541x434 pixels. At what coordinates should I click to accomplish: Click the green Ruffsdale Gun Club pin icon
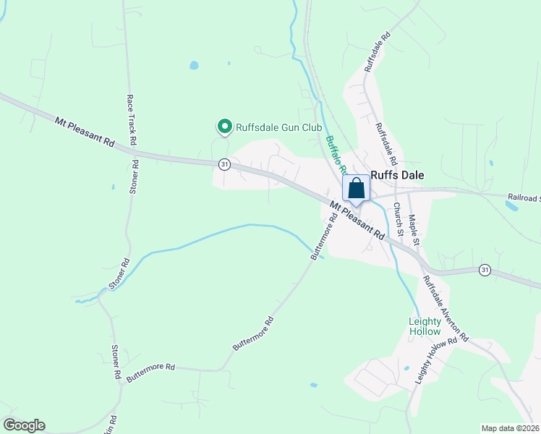click(223, 127)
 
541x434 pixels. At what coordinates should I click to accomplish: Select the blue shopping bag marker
click(357, 189)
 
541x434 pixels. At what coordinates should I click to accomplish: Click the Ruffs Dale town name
click(397, 174)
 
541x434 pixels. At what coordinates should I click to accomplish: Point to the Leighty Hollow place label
click(425, 326)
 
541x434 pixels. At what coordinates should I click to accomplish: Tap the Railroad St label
click(524, 197)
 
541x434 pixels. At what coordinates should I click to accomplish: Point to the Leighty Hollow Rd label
click(437, 361)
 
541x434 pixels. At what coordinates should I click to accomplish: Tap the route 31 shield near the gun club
click(224, 164)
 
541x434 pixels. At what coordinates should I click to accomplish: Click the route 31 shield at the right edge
click(485, 270)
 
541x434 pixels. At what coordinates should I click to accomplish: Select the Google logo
click(24, 425)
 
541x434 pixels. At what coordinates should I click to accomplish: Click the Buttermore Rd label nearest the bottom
click(150, 373)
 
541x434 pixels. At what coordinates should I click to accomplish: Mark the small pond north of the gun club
click(194, 65)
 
